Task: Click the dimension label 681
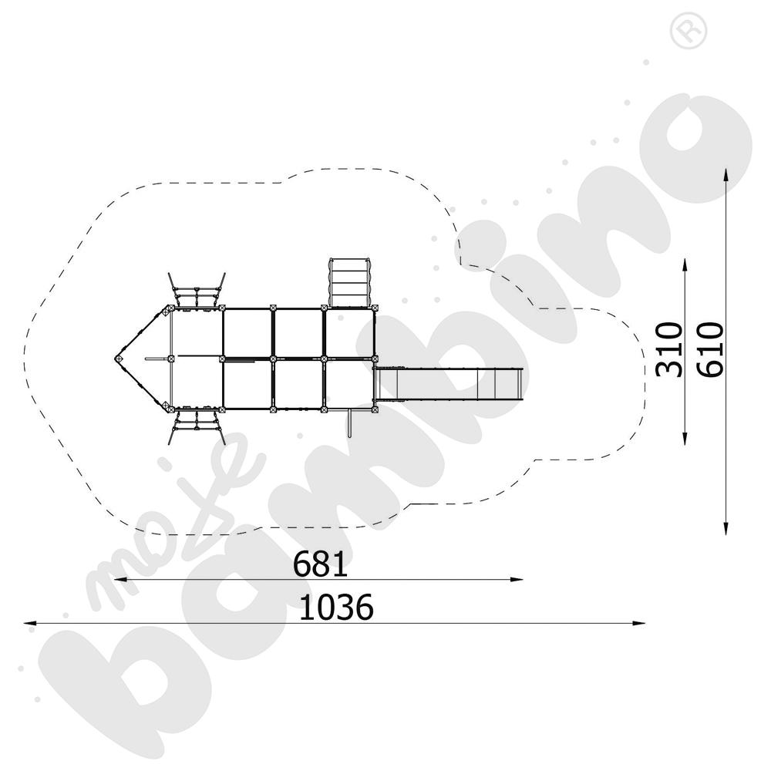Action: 320,564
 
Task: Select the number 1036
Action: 336,608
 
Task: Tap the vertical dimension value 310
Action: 670,349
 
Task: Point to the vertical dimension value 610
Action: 712,349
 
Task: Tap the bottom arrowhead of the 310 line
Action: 685,439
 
